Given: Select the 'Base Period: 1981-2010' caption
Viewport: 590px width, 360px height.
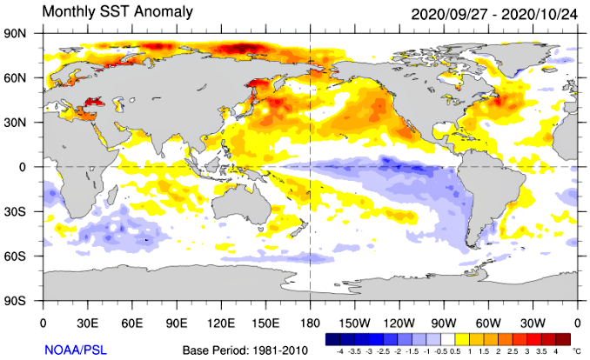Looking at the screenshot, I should point(245,350).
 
